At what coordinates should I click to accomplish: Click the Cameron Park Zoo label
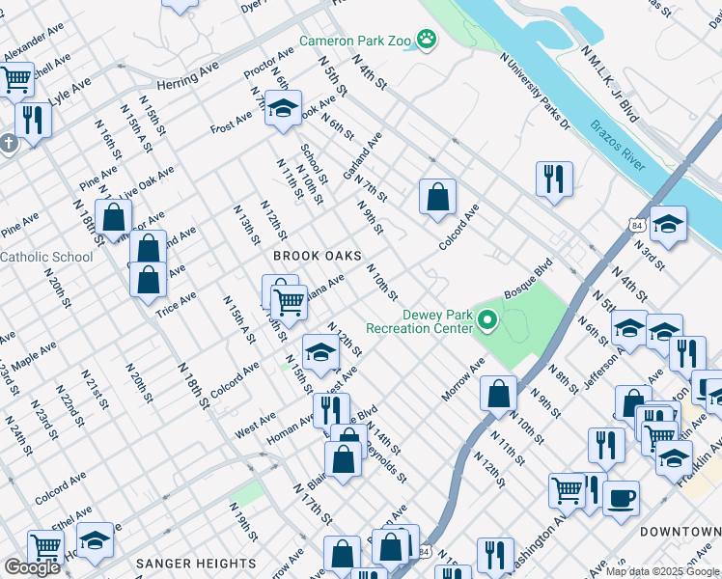pos(354,41)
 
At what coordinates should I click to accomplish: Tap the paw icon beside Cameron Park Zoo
pos(427,40)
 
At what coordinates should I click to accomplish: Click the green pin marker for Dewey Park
pos(488,319)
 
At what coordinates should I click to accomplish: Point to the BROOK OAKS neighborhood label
pos(317,256)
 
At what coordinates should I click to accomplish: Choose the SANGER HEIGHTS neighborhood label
pos(197,564)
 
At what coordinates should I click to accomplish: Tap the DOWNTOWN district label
pos(680,532)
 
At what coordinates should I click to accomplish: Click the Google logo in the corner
pos(31,566)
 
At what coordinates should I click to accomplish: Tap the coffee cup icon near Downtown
pos(622,498)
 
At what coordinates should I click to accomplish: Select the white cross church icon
pos(9,144)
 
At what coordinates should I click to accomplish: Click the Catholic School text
pos(46,257)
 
